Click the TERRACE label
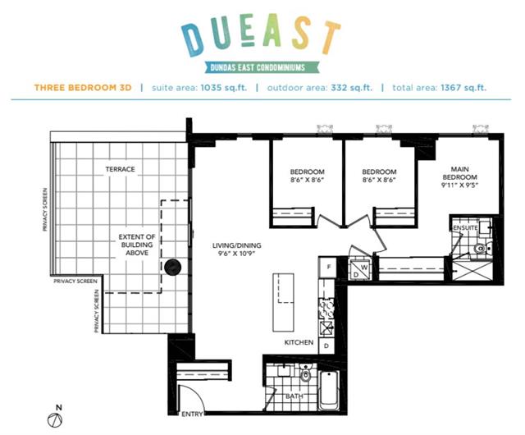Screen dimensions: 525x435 point(121,169)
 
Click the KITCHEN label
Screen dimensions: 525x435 point(299,342)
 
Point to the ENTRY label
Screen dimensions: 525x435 point(192,414)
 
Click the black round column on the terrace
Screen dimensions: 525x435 point(173,267)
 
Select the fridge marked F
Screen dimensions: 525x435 point(328,267)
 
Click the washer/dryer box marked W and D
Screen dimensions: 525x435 point(360,269)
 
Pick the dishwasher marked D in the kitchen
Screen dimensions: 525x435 point(326,346)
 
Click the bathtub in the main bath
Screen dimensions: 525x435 point(329,391)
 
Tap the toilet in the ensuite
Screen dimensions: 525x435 point(482,249)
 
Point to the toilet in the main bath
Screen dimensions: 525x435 point(305,374)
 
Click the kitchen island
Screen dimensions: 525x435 point(283,302)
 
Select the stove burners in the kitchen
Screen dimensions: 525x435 point(326,309)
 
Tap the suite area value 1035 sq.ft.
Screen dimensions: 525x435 point(224,88)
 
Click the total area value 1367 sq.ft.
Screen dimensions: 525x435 point(463,88)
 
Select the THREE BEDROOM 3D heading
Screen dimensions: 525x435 point(83,88)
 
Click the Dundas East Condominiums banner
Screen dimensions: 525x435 point(258,67)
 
